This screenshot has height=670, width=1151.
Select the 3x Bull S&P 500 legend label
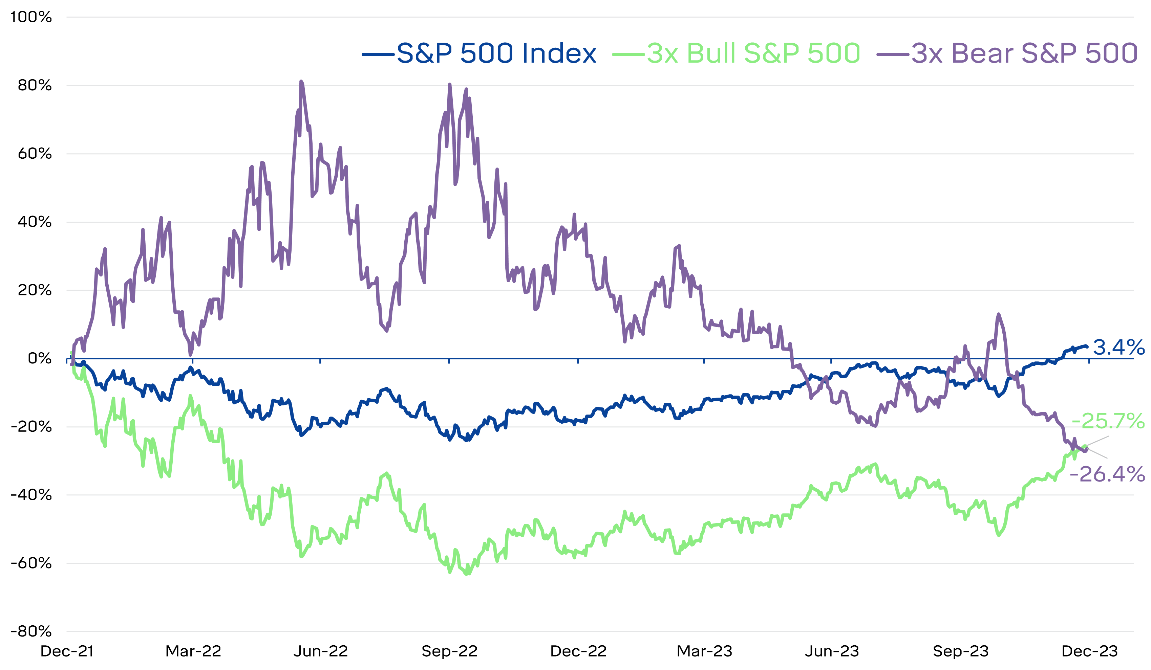pos(754,53)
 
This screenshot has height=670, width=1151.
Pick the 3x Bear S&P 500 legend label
pos(1024,53)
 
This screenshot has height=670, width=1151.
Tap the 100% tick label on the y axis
pos(31,17)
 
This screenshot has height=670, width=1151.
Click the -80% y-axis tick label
pos(31,632)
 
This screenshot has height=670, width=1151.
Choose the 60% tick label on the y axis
pos(35,154)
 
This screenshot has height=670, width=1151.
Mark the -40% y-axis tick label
pos(31,495)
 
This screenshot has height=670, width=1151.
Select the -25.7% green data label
pos(1108,421)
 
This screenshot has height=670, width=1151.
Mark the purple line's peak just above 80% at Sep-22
pos(450,85)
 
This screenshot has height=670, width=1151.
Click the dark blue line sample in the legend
pos(378,54)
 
